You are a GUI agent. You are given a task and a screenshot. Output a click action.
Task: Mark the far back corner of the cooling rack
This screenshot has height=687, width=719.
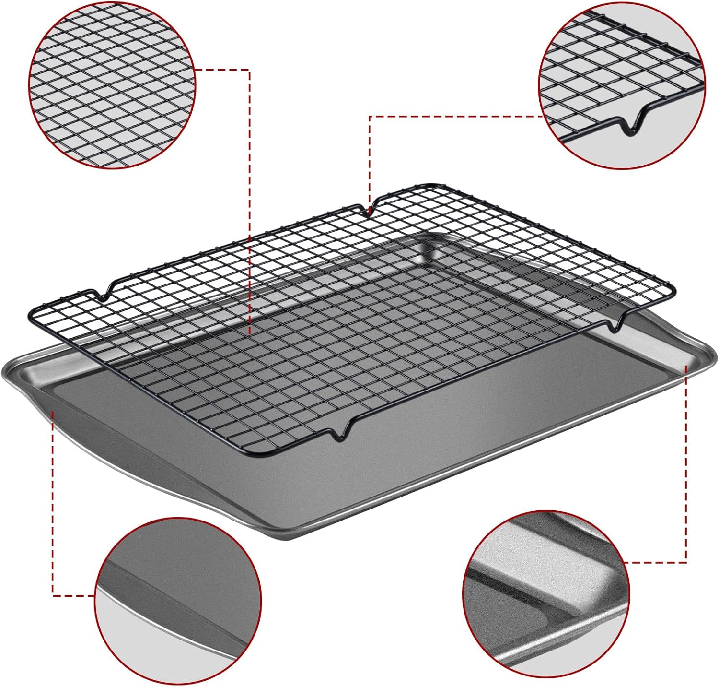pyautogui.click(x=434, y=185)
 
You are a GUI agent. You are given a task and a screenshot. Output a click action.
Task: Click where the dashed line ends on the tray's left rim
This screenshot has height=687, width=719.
pyautogui.click(x=52, y=412)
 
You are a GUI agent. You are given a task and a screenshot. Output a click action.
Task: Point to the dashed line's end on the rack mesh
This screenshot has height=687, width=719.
pyautogui.click(x=250, y=333)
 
